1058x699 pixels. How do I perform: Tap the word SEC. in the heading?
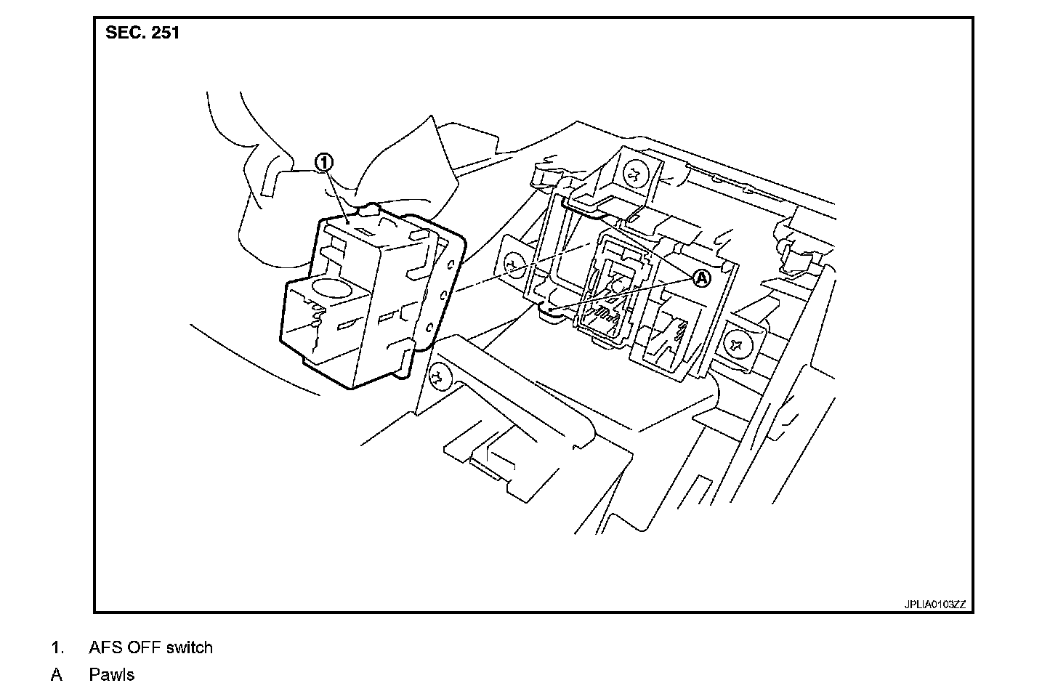pyautogui.click(x=124, y=33)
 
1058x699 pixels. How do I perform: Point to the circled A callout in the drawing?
pyautogui.click(x=700, y=277)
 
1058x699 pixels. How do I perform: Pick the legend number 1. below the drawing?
pyautogui.click(x=57, y=647)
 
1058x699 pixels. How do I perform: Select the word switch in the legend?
pyautogui.click(x=190, y=647)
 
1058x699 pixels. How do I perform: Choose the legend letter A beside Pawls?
pyautogui.click(x=57, y=675)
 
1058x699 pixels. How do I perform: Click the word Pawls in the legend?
pyautogui.click(x=112, y=675)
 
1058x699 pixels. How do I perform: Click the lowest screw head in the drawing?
pyautogui.click(x=438, y=376)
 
